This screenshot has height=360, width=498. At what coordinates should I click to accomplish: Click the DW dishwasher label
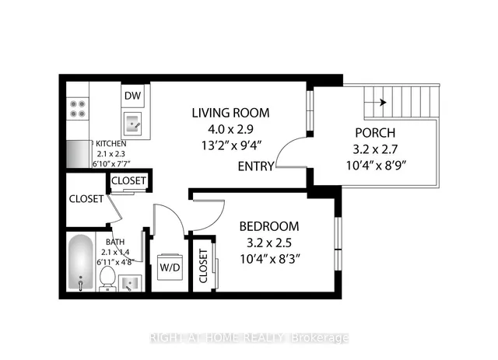[132, 96]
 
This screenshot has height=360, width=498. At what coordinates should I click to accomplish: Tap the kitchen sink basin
[133, 124]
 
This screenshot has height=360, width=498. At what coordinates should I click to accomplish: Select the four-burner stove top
[78, 109]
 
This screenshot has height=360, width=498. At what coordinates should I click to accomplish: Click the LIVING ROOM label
[230, 113]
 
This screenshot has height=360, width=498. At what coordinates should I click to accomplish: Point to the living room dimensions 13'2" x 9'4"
[231, 145]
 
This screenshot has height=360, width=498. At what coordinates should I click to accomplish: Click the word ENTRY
[256, 166]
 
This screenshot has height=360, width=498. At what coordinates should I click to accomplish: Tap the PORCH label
[375, 133]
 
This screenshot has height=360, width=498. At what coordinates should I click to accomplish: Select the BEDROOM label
[269, 226]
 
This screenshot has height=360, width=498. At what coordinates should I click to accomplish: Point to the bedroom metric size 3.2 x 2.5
[269, 243]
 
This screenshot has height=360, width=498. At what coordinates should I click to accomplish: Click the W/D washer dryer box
[170, 267]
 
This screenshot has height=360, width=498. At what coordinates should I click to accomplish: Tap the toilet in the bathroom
[107, 278]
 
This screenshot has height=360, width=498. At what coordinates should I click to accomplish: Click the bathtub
[81, 263]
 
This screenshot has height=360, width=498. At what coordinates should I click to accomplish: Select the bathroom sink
[130, 283]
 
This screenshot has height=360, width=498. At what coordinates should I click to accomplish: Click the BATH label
[115, 242]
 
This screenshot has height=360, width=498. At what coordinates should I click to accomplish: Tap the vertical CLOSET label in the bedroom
[203, 266]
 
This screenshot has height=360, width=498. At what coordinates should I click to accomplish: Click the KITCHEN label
[110, 144]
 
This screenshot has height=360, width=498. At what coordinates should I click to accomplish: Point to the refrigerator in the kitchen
[78, 154]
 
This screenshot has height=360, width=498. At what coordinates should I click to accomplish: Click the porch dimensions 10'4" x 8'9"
[376, 166]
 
